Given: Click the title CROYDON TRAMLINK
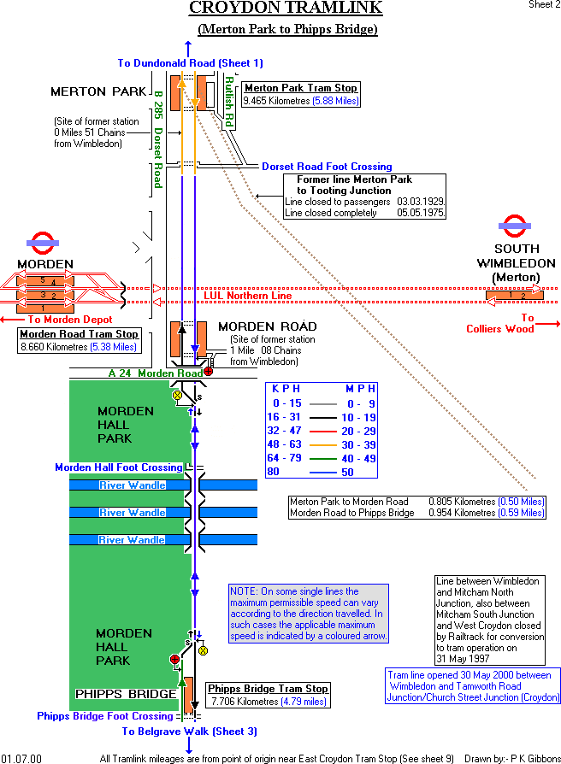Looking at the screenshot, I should (286, 9).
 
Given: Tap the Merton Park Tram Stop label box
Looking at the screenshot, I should (301, 94).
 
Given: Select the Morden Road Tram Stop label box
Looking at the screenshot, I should (79, 340).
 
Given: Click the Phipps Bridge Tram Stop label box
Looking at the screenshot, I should (269, 695).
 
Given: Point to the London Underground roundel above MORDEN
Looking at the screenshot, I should (41, 244).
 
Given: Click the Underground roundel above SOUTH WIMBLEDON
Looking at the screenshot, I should (514, 227).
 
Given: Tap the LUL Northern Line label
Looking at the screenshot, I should (247, 296).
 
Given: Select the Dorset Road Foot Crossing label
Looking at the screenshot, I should (327, 167).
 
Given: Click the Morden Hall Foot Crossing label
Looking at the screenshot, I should (119, 467).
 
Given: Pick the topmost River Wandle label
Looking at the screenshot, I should (132, 485).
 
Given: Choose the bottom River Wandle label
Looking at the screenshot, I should (132, 540).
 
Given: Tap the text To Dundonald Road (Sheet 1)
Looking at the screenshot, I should (191, 63).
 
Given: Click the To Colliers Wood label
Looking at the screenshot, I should (499, 323).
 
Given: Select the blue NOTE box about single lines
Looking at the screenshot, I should (308, 614).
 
